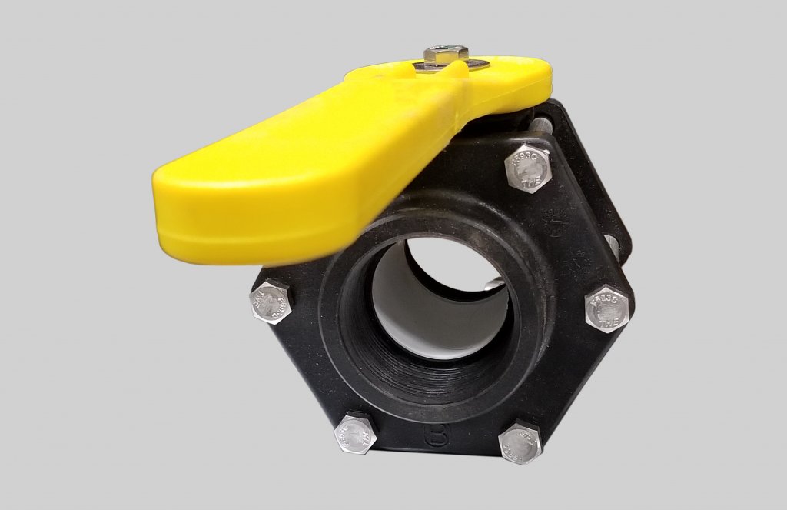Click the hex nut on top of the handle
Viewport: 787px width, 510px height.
point(446,55)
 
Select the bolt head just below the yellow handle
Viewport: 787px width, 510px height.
point(529,167)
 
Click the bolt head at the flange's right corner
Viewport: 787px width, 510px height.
point(606,308)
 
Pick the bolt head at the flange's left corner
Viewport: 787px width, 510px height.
point(272,302)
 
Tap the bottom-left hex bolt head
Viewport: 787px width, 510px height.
point(355,434)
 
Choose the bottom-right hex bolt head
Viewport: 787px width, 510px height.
point(520,442)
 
